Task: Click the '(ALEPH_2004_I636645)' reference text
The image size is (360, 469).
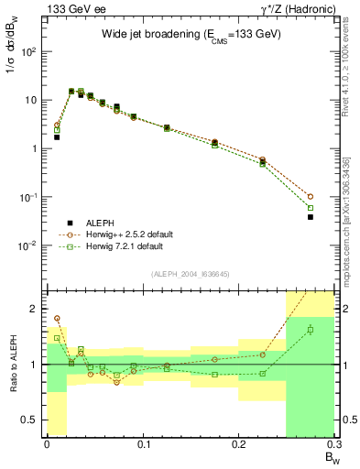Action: point(190,273)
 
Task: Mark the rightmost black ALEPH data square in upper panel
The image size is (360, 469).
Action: point(311,217)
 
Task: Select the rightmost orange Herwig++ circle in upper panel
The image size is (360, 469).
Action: point(311,196)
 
